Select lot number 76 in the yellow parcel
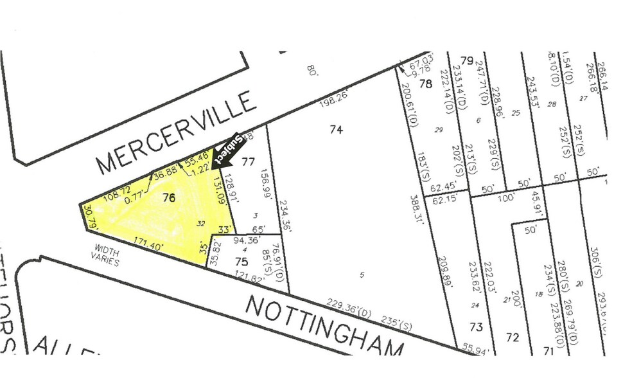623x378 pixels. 169,197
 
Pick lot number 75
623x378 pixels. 241,261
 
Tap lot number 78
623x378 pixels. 425,84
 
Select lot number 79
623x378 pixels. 466,61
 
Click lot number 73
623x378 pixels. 475,327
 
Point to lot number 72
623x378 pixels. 512,337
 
